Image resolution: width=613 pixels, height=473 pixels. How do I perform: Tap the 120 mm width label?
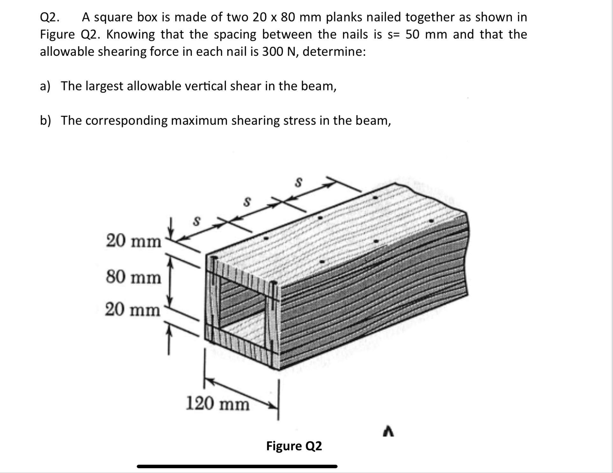[217, 403]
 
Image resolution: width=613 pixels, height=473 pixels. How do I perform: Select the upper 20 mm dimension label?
[134, 241]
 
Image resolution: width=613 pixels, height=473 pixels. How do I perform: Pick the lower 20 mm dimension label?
[133, 309]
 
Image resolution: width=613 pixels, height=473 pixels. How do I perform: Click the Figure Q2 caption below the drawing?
[294, 446]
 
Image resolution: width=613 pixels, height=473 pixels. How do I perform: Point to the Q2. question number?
[49, 17]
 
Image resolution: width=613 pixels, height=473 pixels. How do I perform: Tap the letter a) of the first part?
[45, 86]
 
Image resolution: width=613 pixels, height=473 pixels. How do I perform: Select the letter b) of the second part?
[45, 120]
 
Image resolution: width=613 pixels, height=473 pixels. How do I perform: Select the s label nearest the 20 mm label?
[197, 221]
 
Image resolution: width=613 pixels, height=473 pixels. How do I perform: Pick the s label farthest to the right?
[298, 182]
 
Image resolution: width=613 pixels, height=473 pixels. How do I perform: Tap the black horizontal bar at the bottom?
[237, 466]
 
